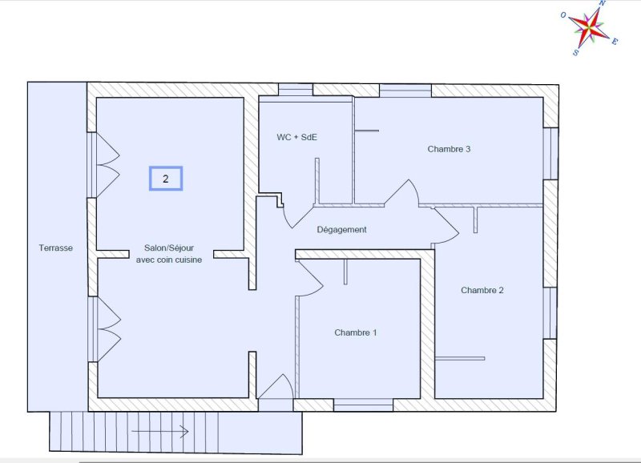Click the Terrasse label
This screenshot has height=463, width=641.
click(x=55, y=248)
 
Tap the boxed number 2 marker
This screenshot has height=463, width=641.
click(x=166, y=179)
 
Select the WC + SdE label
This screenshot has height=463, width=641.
click(x=296, y=137)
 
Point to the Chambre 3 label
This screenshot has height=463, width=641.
click(x=449, y=149)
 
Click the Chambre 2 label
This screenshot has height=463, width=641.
click(x=482, y=290)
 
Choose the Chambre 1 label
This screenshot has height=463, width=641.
click(x=355, y=332)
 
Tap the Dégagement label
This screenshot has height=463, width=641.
click(x=342, y=230)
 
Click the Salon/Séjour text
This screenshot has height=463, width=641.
click(x=169, y=248)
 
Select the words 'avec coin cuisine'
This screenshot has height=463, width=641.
click(x=169, y=260)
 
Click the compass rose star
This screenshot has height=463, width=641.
click(x=589, y=28)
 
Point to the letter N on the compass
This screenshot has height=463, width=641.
click(x=603, y=3)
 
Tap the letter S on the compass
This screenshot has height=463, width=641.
click(x=575, y=53)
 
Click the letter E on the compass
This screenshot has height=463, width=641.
click(x=615, y=41)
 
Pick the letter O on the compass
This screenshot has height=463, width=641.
click(x=563, y=15)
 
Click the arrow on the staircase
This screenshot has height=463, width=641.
click(x=159, y=432)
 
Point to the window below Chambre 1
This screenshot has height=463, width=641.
click(x=364, y=405)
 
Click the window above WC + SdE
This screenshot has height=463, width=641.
click(x=296, y=90)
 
